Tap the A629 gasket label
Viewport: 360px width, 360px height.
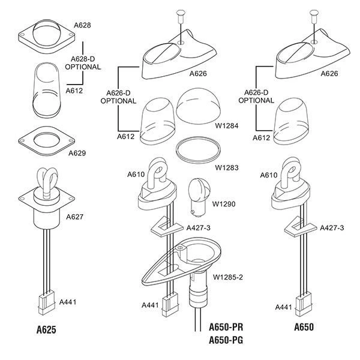pos(77,153)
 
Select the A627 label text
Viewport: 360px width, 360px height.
pos(75,217)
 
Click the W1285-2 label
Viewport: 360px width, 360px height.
pos(227,278)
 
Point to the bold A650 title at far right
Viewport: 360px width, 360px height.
pos(304,328)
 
